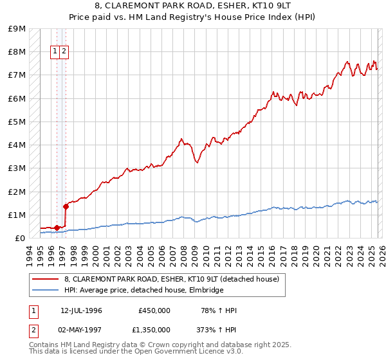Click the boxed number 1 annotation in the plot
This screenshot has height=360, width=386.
pyautogui.click(x=55, y=51)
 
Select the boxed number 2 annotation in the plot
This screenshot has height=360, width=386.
pyautogui.click(x=64, y=51)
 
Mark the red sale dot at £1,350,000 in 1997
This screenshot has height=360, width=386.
pyautogui.click(x=66, y=206)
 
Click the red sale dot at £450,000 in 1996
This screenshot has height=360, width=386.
pyautogui.click(x=57, y=228)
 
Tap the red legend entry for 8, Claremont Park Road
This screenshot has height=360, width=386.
pyautogui.click(x=171, y=279)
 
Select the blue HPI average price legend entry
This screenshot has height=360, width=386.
pyautogui.click(x=143, y=290)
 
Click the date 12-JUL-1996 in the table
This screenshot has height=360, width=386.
pyautogui.click(x=81, y=310)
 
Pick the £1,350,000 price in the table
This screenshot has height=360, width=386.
pyautogui.click(x=151, y=329)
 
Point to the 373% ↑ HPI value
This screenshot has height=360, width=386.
pyautogui.click(x=216, y=329)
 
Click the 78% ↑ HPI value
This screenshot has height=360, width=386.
pyautogui.click(x=219, y=310)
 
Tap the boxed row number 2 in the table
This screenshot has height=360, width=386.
pyautogui.click(x=33, y=329)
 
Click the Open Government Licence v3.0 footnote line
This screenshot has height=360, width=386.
pyautogui.click(x=136, y=352)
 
